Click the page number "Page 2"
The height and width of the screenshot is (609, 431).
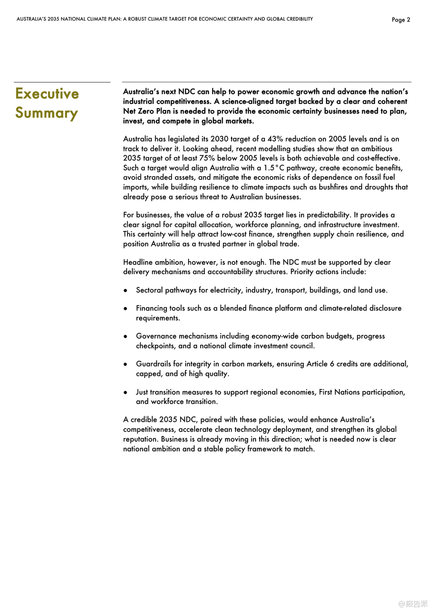coord(401,19)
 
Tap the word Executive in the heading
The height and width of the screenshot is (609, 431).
coord(47,94)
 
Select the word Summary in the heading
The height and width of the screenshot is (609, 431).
coord(46,113)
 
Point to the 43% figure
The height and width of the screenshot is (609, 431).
coord(275,139)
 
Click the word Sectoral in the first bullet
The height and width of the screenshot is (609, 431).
coord(149,290)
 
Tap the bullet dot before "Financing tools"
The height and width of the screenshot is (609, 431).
coord(126,309)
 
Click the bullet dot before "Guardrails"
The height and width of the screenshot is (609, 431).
coord(126,365)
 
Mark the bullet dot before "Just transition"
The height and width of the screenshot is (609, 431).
coord(126,393)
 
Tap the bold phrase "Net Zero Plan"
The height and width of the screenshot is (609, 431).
coord(147,111)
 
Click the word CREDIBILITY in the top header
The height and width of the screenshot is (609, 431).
coord(300,19)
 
